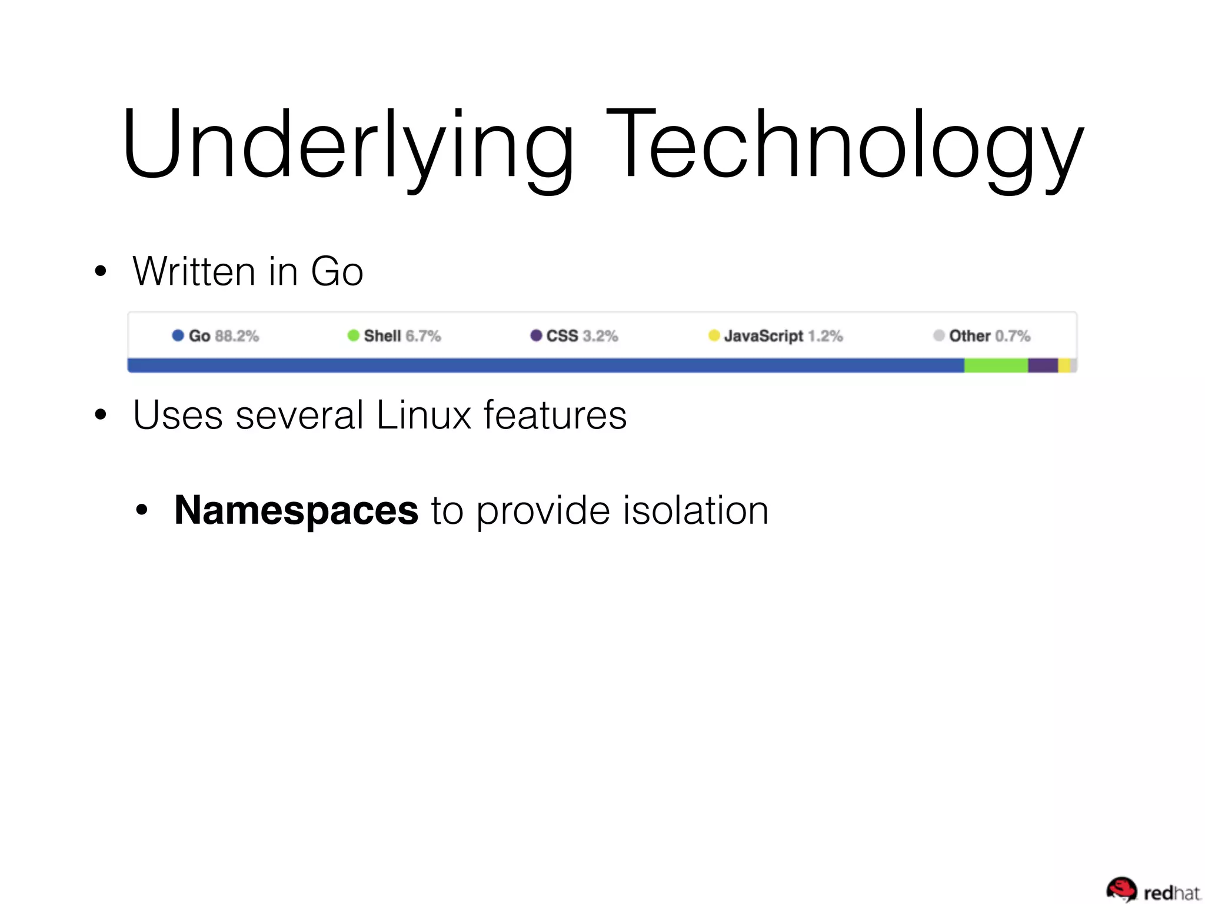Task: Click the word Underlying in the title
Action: [x=347, y=144]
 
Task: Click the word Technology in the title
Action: [x=844, y=144]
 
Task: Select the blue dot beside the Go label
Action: [x=178, y=335]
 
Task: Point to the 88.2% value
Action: [x=237, y=336]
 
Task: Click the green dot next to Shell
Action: [x=353, y=335]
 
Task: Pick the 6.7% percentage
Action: [x=423, y=336]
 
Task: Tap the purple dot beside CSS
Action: [x=536, y=335]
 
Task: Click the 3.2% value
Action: [x=600, y=336]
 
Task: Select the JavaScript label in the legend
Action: [x=763, y=336]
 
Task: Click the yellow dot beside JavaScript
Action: [x=714, y=335]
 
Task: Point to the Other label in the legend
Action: [x=969, y=336]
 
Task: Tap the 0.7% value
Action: [x=1013, y=336]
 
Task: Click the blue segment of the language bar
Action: [x=545, y=365]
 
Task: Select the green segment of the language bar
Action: [x=996, y=365]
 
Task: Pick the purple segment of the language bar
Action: [x=1043, y=365]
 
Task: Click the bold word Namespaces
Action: [x=296, y=510]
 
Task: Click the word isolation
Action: [x=695, y=510]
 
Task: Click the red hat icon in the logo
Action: [x=1121, y=889]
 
